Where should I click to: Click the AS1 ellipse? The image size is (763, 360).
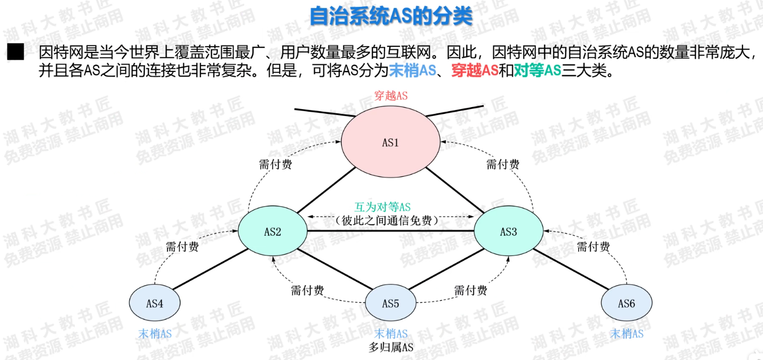(390, 142)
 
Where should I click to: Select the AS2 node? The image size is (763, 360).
(272, 231)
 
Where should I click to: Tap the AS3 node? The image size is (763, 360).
(508, 231)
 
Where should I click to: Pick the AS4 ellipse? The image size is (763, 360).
(155, 303)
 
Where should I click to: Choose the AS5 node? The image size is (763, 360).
(390, 303)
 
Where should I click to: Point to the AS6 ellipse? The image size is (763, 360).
(627, 303)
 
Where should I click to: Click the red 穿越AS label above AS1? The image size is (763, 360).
(390, 96)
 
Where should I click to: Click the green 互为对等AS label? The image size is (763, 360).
(391, 207)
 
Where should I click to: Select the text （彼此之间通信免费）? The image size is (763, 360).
(390, 221)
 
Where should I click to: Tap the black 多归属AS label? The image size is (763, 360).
(390, 347)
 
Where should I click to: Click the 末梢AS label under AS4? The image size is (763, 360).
(155, 334)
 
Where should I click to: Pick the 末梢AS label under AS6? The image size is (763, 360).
(627, 334)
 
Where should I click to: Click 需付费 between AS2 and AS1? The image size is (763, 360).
(275, 164)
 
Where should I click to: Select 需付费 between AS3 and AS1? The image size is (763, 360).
(503, 164)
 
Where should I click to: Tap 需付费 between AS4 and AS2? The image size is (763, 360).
(182, 247)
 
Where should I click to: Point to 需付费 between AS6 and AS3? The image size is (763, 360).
(594, 247)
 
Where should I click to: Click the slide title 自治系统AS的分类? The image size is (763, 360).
(391, 16)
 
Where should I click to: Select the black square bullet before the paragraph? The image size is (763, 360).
(16, 52)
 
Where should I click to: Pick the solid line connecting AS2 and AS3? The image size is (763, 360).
(390, 231)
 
